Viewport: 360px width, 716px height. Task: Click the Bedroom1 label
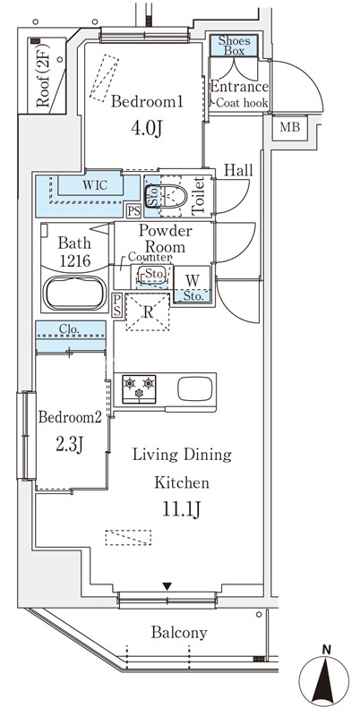[x=147, y=102]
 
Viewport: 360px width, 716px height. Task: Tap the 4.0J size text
[x=147, y=129]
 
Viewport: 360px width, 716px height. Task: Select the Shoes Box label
[x=234, y=46]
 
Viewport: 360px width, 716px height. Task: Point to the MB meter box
[x=289, y=127]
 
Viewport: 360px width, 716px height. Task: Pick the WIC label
[x=95, y=185]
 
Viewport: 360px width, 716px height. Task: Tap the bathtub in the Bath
[x=75, y=293]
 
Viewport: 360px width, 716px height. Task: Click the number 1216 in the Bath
[x=74, y=260]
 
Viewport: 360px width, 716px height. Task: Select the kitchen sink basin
[x=194, y=388]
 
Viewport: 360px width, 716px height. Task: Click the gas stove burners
[x=139, y=389]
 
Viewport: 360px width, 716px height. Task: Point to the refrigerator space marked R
[x=148, y=312]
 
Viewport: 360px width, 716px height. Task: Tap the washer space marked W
[x=193, y=280]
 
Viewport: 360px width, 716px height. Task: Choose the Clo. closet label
[x=71, y=328]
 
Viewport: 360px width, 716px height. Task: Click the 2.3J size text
[x=70, y=443]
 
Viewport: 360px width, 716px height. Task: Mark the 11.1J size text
[x=182, y=510]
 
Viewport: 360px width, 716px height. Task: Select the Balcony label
[x=179, y=633]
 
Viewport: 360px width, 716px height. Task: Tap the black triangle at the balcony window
[x=167, y=586]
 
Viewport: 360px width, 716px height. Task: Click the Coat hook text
[x=242, y=103]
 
